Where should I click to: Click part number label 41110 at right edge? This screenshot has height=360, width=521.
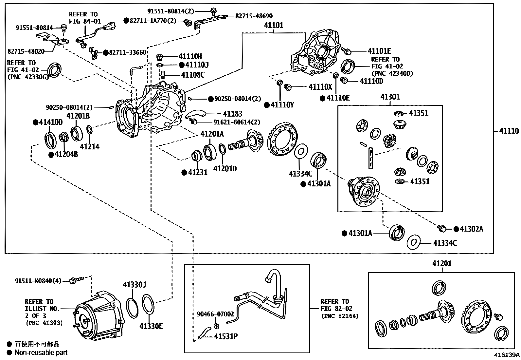[509, 131]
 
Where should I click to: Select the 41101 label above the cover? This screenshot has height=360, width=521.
[274, 25]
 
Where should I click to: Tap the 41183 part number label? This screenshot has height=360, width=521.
[232, 114]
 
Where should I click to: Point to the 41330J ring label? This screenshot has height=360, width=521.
[134, 285]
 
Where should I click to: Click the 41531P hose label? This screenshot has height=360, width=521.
[226, 336]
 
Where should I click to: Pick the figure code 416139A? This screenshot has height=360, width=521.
[507, 355]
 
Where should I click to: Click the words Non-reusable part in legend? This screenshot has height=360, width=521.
[41, 352]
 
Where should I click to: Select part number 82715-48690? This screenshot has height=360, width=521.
[254, 16]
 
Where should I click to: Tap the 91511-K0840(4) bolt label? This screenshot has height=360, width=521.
[38, 281]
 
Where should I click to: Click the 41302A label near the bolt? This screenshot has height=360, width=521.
[471, 229]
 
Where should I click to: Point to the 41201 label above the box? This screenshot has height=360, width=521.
[442, 264]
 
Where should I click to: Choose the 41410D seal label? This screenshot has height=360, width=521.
[51, 123]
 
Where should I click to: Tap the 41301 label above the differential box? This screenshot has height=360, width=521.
[390, 97]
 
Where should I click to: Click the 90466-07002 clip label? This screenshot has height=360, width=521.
[215, 314]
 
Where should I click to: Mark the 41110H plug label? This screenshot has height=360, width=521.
[190, 56]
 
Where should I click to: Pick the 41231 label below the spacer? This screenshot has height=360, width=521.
[198, 172]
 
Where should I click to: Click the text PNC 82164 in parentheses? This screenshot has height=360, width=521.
[340, 316]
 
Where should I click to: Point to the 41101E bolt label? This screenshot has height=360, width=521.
[379, 51]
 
